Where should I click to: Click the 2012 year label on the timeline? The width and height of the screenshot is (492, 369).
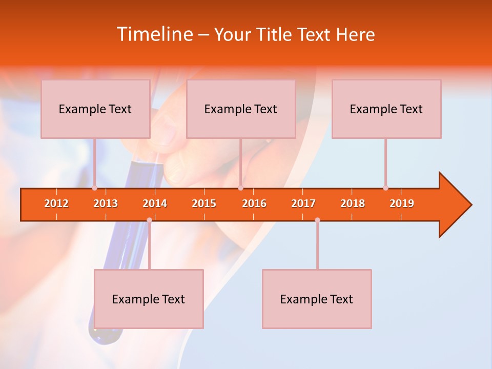click(x=56, y=203)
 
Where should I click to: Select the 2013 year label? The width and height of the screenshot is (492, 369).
click(x=106, y=203)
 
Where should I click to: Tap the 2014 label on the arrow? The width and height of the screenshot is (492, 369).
click(x=155, y=203)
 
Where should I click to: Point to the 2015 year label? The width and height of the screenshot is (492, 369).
click(x=204, y=203)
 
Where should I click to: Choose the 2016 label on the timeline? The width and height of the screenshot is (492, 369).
click(x=254, y=203)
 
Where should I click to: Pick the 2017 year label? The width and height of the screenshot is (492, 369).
click(x=303, y=203)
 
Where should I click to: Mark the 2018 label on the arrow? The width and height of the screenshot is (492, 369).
click(x=353, y=203)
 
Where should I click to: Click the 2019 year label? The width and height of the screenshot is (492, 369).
click(x=402, y=203)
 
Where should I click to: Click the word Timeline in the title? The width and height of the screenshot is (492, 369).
click(x=154, y=34)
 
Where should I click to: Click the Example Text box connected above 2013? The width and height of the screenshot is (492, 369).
click(x=95, y=109)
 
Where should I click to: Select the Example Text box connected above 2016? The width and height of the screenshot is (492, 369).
click(x=241, y=109)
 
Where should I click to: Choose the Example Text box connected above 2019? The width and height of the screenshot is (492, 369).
click(x=386, y=109)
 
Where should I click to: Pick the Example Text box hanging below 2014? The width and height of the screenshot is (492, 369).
click(x=149, y=299)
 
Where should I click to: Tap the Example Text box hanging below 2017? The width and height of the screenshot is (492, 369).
click(x=317, y=299)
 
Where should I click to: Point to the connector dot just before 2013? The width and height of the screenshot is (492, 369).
click(x=94, y=188)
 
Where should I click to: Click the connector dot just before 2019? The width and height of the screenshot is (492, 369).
click(x=385, y=188)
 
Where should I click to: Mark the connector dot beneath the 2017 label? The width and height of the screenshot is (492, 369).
click(x=317, y=220)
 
